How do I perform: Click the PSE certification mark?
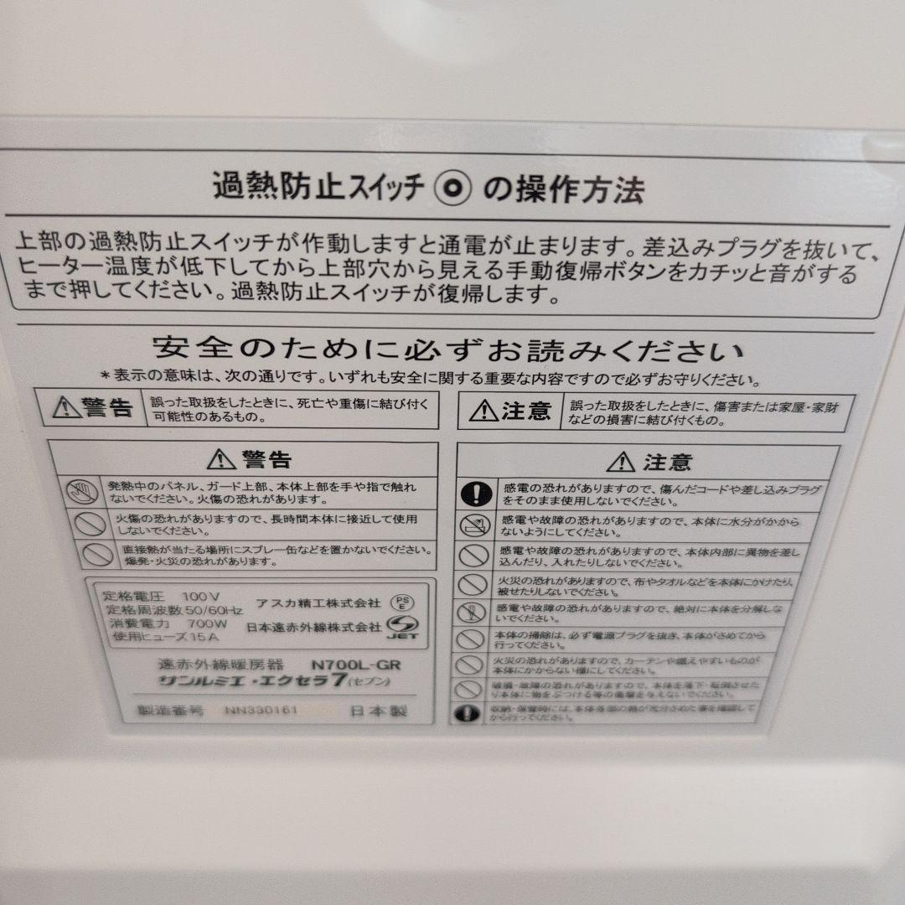[x=402, y=602]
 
